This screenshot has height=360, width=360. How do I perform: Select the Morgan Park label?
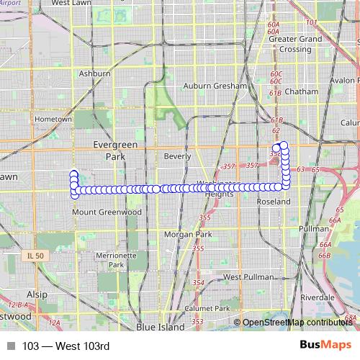click(187, 235)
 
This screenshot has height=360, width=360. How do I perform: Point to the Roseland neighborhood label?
click(274, 202)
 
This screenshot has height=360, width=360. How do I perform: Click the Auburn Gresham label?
click(215, 86)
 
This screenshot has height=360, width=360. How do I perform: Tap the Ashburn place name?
click(94, 73)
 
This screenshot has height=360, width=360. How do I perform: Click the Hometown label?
click(53, 119)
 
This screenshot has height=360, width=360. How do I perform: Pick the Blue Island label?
click(159, 326)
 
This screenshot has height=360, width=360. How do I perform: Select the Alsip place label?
click(37, 294)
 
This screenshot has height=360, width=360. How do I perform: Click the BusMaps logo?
click(325, 346)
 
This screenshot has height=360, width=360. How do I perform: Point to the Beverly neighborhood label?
click(178, 156)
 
